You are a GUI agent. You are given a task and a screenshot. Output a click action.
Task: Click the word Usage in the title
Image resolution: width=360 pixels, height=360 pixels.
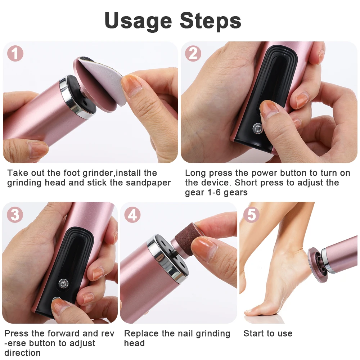[x=138, y=21]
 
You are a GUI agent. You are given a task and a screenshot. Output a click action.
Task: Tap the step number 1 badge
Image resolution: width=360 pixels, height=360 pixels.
[x=15, y=54]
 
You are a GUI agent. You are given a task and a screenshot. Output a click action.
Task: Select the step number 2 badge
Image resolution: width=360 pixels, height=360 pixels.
[x=193, y=54]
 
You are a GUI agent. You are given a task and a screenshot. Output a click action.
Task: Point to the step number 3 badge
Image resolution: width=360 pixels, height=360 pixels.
[x=15, y=215]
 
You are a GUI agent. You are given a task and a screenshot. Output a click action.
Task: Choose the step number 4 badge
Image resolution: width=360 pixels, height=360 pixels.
[x=132, y=215]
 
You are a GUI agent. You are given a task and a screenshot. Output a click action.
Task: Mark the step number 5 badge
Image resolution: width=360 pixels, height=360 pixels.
[x=251, y=215]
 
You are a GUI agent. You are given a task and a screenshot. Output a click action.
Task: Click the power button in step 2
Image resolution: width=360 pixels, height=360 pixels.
[x=257, y=128]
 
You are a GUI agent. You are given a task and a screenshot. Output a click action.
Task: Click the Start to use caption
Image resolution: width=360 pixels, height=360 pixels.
[x=268, y=333]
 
